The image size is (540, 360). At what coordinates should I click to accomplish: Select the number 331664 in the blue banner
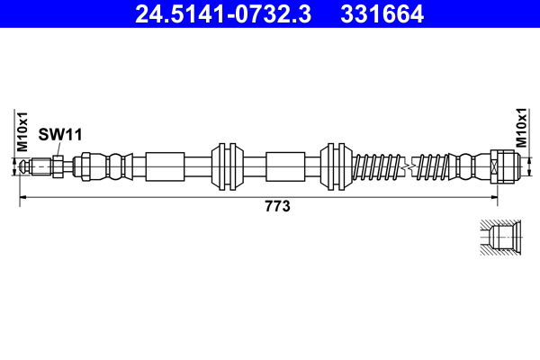382,14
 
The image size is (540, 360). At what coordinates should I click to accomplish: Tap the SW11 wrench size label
60,134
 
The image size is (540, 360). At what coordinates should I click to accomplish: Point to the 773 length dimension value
275,206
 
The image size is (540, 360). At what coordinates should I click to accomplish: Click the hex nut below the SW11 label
58,166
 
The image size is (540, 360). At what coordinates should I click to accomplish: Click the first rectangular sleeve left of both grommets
164,166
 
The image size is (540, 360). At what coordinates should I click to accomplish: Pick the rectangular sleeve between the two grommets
285,166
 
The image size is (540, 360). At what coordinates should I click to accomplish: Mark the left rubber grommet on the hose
227,166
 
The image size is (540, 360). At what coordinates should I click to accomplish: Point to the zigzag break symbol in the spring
409,166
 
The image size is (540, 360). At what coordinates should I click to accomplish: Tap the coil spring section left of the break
378,166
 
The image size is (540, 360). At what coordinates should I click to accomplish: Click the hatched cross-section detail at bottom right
497,239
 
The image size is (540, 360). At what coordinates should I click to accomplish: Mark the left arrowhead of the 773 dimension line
23,196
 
